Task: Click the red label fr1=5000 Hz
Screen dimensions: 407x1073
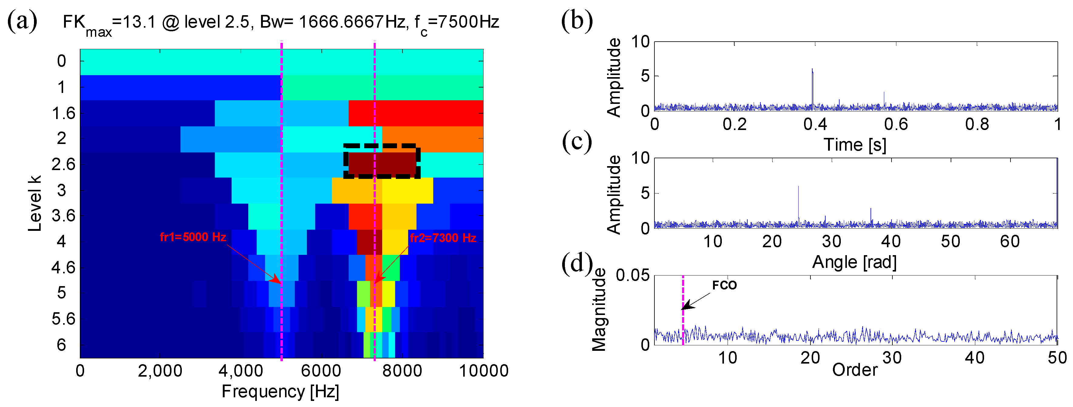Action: (x=192, y=237)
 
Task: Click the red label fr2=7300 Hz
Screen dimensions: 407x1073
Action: (x=443, y=238)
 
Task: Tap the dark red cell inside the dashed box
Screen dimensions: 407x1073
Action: (x=382, y=163)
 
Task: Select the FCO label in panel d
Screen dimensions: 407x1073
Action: (x=724, y=286)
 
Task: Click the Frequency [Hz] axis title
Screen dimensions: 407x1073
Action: (x=280, y=391)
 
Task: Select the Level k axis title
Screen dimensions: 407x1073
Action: (x=35, y=203)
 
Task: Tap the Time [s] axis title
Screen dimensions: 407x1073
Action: (x=855, y=145)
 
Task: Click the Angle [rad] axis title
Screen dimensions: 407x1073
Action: (x=854, y=262)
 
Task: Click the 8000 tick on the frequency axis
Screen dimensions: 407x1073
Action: (x=402, y=371)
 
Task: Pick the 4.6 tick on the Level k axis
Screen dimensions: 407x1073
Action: (x=63, y=267)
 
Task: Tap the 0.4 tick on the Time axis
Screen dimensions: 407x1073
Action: (x=815, y=124)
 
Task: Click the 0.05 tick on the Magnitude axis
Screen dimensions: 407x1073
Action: (x=632, y=276)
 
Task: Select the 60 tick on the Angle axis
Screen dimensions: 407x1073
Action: (x=1010, y=241)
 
